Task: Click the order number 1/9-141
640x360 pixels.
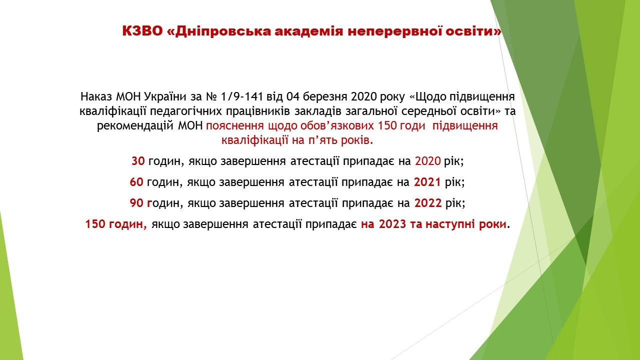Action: point(241,97)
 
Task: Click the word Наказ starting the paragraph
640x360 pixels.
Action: point(96,97)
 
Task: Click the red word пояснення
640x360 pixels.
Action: point(234,126)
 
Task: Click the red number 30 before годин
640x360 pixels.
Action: point(138,161)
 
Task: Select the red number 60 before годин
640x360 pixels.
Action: point(136,182)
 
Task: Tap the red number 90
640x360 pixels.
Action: point(136,203)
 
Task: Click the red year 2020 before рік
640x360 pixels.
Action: point(427,161)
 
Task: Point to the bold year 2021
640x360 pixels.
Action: point(427,182)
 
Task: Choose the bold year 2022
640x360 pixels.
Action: point(428,203)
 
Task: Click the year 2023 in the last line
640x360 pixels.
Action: point(392,224)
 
